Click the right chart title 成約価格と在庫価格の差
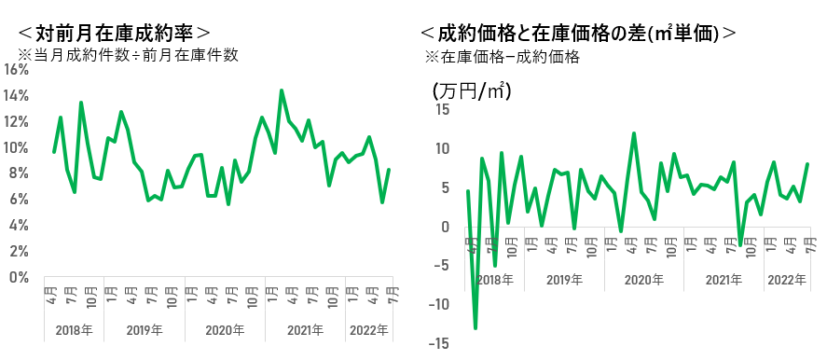(541, 33)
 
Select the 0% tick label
(19, 277)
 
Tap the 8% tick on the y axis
(19, 173)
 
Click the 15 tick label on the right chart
(442, 110)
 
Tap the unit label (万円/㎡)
(472, 91)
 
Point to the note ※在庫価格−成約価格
(503, 57)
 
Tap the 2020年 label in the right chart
(644, 279)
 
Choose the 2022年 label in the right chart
(787, 279)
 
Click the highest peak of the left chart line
(282, 90)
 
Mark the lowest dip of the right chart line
(476, 328)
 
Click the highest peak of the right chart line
(634, 133)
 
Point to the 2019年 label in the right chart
(565, 279)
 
